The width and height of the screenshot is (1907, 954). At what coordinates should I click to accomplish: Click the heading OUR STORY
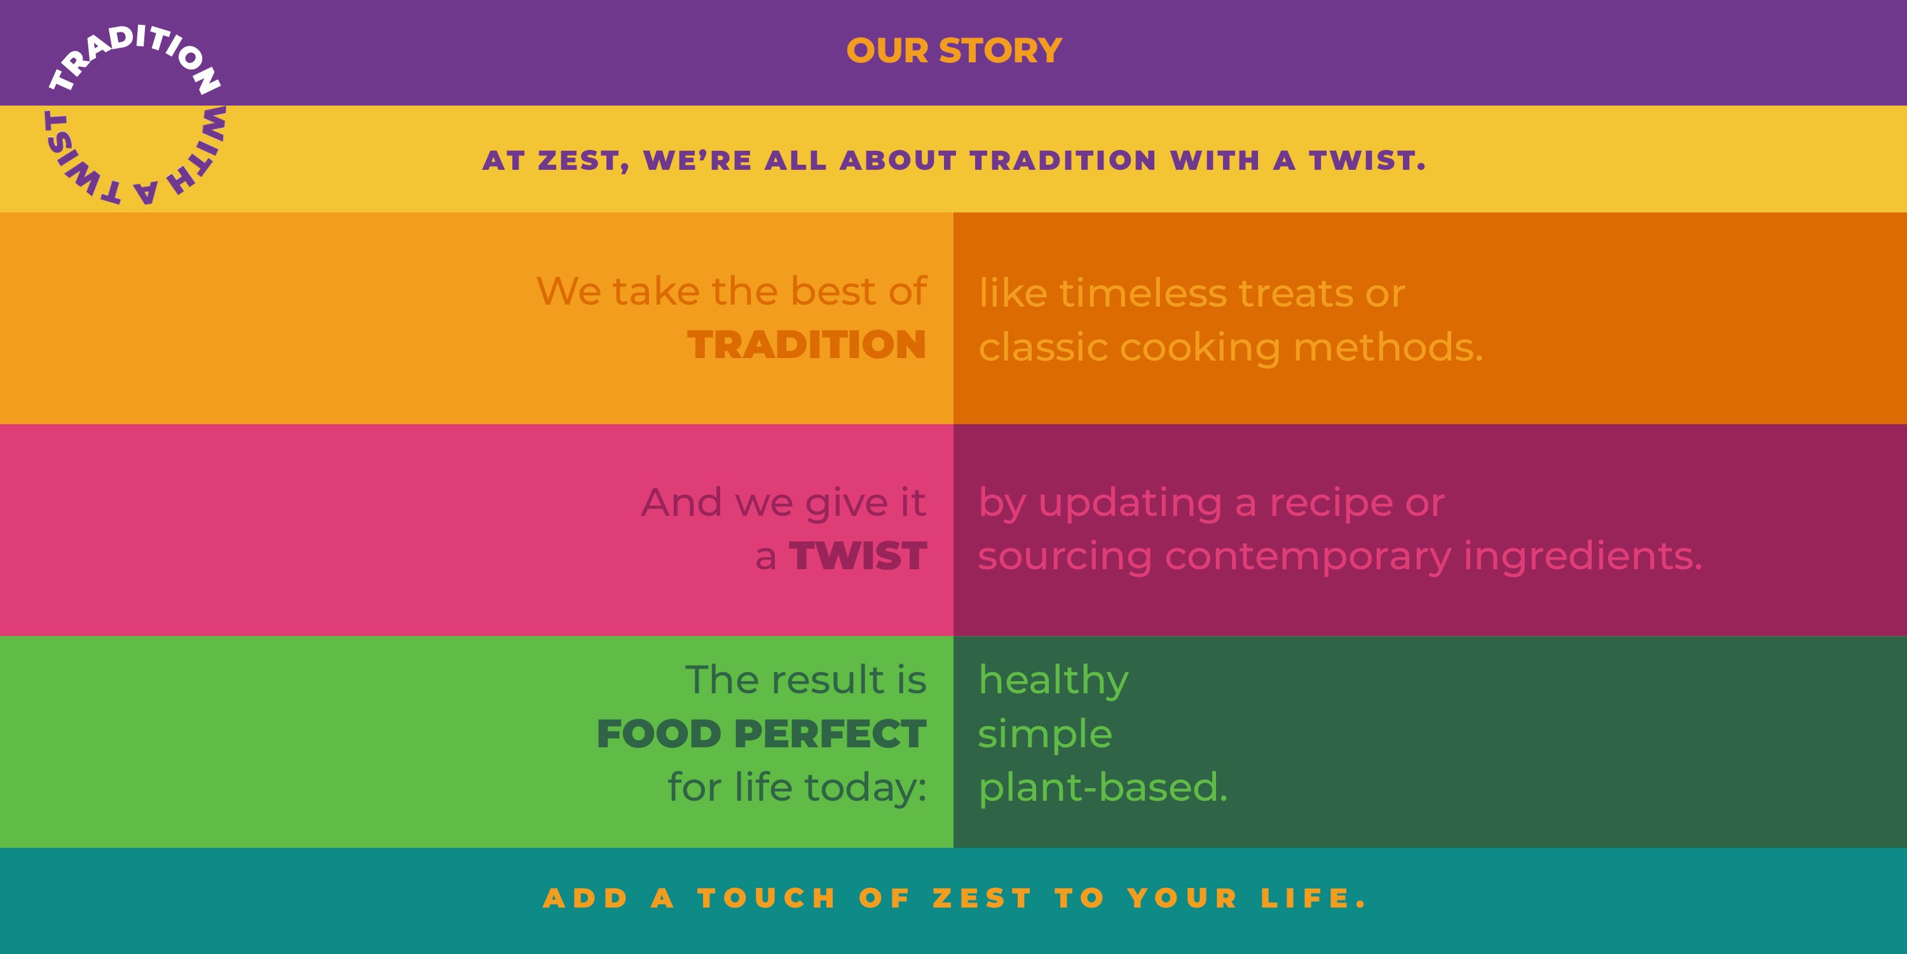pyautogui.click(x=954, y=50)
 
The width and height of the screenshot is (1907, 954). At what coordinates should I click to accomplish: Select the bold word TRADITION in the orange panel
pyautogui.click(x=807, y=345)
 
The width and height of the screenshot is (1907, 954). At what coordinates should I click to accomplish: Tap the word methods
pyautogui.click(x=1388, y=347)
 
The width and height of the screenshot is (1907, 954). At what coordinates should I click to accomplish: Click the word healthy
pyautogui.click(x=1053, y=681)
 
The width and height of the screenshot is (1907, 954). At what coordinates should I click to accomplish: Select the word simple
pyautogui.click(x=1044, y=735)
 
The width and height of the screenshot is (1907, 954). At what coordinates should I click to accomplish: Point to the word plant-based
pyautogui.click(x=1103, y=787)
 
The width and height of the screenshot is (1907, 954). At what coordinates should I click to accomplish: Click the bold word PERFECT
pyautogui.click(x=830, y=734)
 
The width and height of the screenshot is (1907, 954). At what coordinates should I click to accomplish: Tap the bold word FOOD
pyautogui.click(x=659, y=734)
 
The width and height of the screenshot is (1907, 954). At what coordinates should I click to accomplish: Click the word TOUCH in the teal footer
pyautogui.click(x=767, y=899)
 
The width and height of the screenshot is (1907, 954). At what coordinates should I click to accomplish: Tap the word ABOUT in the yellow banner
pyautogui.click(x=898, y=161)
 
